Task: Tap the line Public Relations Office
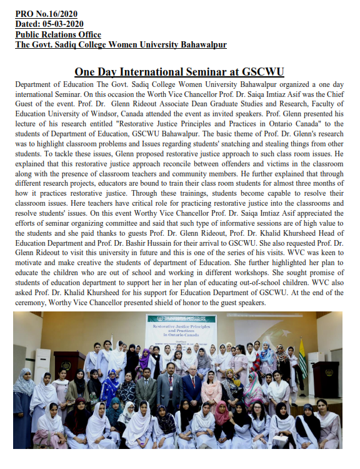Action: coord(58,35)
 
